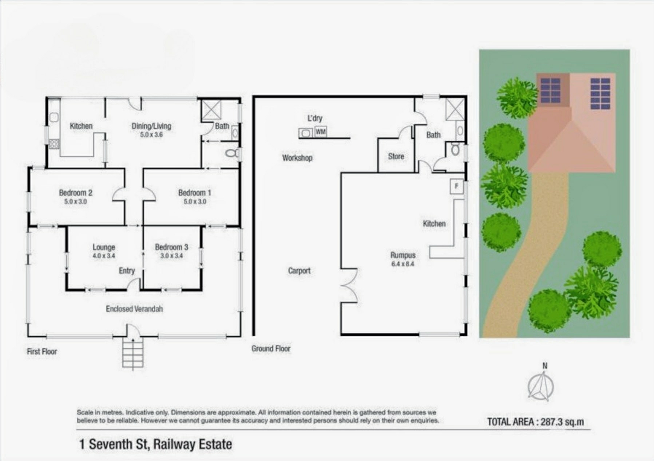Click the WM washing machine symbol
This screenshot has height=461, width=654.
tap(320, 131)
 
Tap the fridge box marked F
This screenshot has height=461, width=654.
tap(456, 186)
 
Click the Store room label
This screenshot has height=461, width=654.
tap(396, 156)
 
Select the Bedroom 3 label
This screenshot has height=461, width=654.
tap(171, 247)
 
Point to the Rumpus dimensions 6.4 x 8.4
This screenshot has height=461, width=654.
tap(403, 264)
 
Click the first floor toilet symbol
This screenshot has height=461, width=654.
tap(232, 153)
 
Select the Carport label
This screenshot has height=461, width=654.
tap(299, 271)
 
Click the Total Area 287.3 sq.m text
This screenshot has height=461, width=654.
tap(535, 422)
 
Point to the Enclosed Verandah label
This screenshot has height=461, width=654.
tap(134, 309)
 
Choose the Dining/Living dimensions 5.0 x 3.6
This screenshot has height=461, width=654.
tap(151, 134)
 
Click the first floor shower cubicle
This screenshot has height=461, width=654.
tap(211, 110)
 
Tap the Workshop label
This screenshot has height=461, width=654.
tap(297, 158)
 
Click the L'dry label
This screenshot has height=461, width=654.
tap(315, 118)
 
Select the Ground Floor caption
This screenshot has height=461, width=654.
tap(271, 349)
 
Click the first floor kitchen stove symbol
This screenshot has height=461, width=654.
tap(54, 144)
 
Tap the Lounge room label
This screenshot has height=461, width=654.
tap(104, 247)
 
